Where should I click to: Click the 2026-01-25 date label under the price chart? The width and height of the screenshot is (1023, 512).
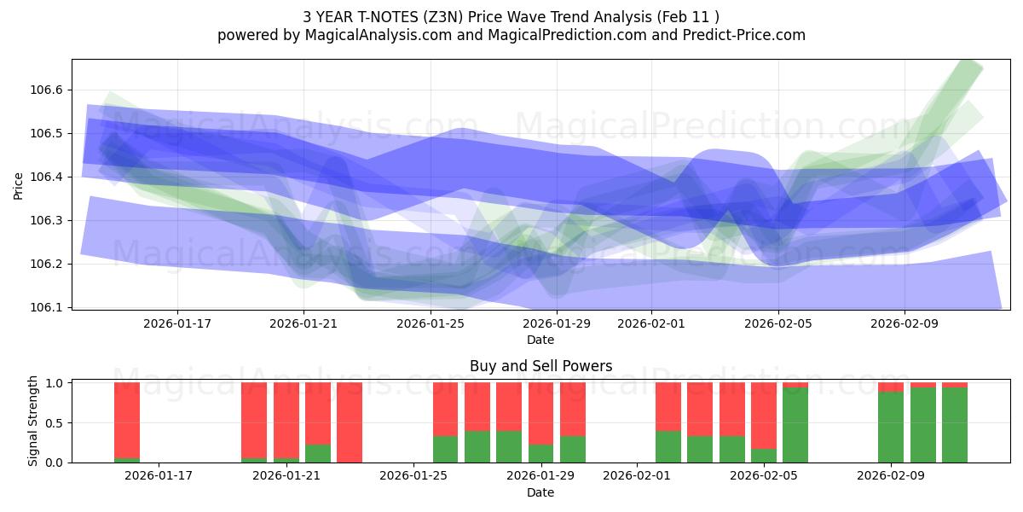tap(430, 323)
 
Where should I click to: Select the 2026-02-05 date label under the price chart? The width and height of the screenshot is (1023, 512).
tap(777, 323)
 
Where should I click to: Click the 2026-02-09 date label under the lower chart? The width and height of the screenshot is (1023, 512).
tap(890, 476)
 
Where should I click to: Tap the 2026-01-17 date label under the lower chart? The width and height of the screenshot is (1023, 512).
tap(159, 476)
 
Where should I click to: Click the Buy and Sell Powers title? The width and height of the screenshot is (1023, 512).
tap(540, 366)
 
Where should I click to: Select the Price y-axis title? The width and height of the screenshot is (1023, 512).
tap(19, 185)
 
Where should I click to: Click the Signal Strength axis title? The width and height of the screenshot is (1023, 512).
tap(32, 421)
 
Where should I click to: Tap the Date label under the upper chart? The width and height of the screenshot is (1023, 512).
tap(540, 340)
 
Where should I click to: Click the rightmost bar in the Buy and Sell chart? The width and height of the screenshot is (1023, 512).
tap(955, 422)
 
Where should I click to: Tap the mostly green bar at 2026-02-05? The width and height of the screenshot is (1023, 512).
tap(795, 424)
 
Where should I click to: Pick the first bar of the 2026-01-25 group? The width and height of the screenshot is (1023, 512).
tap(445, 422)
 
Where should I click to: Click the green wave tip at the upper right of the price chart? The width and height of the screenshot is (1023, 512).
tap(972, 67)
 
